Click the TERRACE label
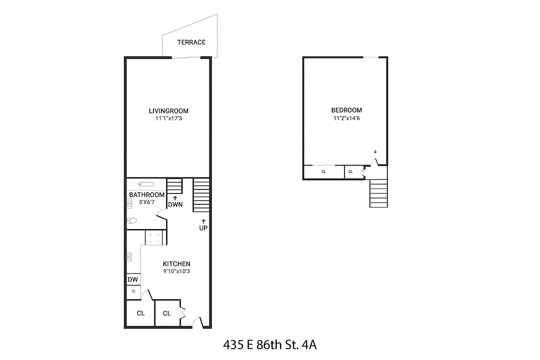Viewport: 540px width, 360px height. point(191,42)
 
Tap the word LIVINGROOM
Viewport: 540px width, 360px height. point(169,111)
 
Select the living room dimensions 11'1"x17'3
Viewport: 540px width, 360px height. point(169,119)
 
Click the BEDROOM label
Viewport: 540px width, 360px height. point(346,110)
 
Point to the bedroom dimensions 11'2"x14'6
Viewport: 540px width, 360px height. point(346,118)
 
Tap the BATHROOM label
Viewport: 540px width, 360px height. point(147,195)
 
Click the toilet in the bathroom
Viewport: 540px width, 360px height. point(131,220)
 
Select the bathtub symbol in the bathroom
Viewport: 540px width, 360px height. point(146,184)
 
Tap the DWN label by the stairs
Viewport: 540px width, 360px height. point(175,205)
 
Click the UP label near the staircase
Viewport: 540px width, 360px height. point(203,228)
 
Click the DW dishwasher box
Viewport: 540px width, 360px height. point(133,279)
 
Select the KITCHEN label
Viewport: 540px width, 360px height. point(176,264)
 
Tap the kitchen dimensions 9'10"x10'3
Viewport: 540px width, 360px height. point(176,271)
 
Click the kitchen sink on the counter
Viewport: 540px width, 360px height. point(130,257)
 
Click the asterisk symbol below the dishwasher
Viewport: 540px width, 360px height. point(133,292)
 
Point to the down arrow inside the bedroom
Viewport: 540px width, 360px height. point(375,152)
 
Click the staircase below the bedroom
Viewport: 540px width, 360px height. point(378,193)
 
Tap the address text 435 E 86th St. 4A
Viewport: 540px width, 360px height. point(270,345)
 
